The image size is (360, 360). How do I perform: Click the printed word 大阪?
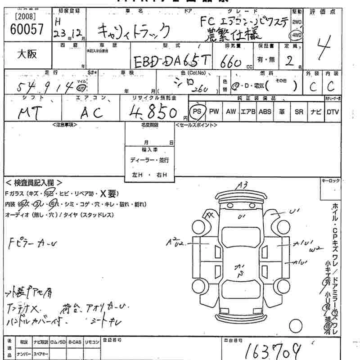(27, 54)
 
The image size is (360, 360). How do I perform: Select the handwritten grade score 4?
(322, 48)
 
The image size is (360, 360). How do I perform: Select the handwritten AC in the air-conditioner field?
(91, 112)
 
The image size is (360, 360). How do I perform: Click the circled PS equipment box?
(196, 111)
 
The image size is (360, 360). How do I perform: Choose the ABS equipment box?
(265, 111)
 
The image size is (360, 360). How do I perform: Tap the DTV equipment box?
(333, 111)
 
